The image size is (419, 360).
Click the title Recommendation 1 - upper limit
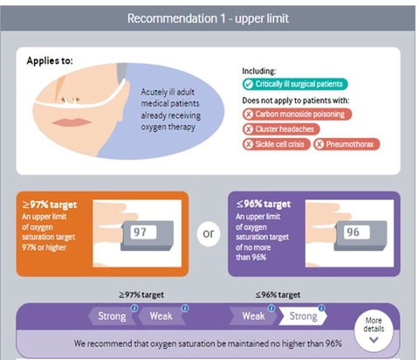click(208, 18)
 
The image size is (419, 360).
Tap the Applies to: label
click(50, 61)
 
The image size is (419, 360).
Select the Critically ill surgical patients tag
click(295, 84)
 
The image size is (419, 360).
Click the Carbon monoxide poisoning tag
click(297, 114)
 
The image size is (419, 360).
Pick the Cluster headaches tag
click(281, 129)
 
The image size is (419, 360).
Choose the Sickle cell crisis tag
click(276, 144)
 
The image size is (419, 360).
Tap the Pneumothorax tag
click(347, 144)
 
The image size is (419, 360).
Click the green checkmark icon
click(249, 85)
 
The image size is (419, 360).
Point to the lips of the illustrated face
click(72, 122)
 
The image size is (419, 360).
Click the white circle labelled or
click(209, 233)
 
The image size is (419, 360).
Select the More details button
click(374, 330)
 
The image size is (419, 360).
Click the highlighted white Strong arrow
click(303, 316)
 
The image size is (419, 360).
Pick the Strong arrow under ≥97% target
click(112, 316)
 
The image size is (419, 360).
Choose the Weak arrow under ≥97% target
click(161, 316)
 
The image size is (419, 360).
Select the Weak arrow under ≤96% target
click(253, 316)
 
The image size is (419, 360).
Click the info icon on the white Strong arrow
click(321, 308)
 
